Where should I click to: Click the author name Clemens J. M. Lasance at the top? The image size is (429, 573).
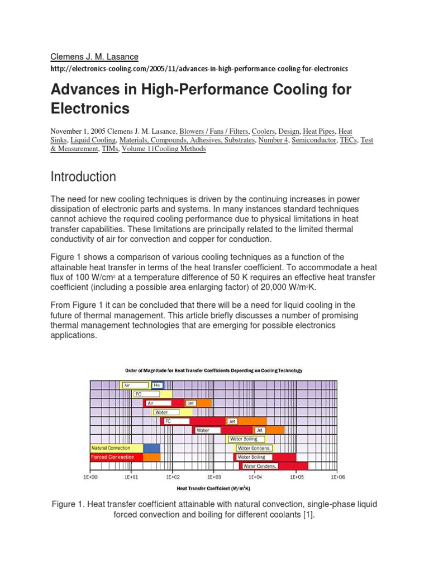click(94, 57)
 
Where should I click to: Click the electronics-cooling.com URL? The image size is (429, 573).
click(199, 68)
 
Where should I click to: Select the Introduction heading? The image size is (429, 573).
click(84, 177)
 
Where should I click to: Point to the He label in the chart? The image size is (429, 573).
click(156, 385)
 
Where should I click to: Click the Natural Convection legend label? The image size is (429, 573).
click(111, 448)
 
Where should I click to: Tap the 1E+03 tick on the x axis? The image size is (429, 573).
click(214, 477)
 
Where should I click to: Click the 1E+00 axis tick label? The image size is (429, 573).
click(90, 477)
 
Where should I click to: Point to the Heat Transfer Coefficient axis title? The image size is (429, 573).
click(213, 488)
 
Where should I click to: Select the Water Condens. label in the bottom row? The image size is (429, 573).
click(260, 466)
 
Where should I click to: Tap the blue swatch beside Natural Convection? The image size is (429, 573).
click(151, 448)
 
